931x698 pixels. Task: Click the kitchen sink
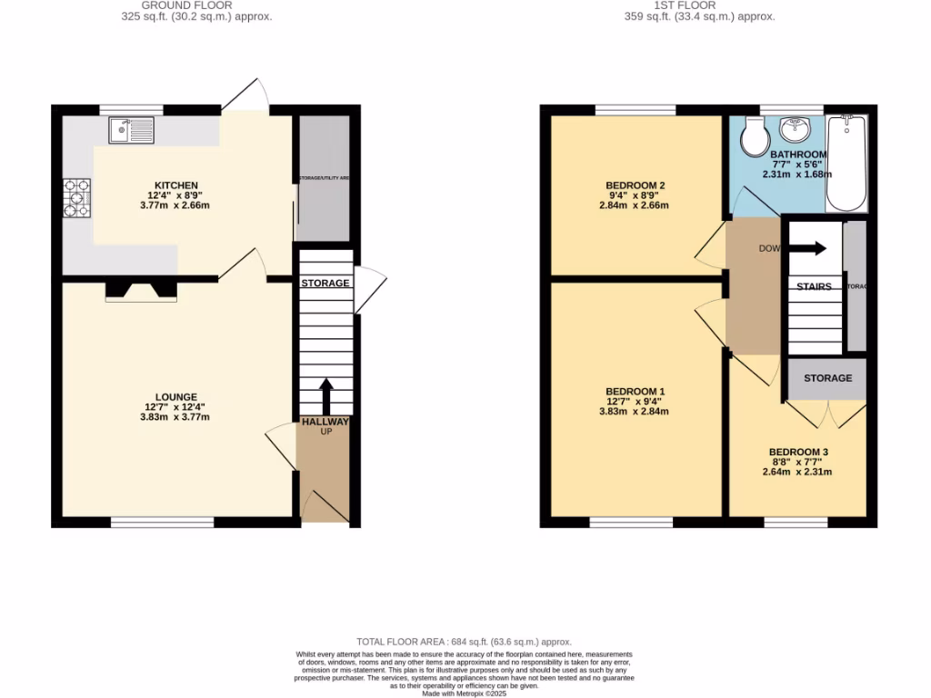coord(132,131)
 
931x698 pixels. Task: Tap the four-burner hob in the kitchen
coord(76,199)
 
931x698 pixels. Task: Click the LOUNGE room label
coord(176,396)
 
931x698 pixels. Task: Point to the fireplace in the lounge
coord(140,290)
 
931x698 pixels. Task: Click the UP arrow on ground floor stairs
coord(325,396)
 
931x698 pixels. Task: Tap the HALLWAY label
coord(325,422)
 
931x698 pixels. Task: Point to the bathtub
coord(846,163)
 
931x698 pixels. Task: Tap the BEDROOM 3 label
coord(798,452)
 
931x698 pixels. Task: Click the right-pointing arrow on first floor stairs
coord(809,248)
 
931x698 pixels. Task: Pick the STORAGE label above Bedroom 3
coord(827,378)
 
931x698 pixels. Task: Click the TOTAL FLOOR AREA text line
coord(465,643)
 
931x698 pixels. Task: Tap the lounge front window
coord(163,523)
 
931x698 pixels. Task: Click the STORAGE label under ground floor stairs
coord(325,283)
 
